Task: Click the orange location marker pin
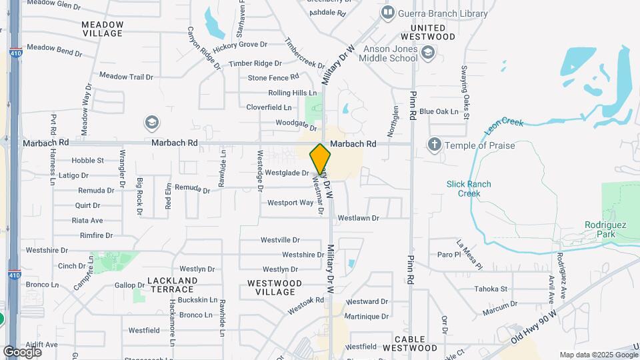coord(320,159)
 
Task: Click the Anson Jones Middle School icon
coord(428,53)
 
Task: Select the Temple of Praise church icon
coord(434,144)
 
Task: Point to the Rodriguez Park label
coord(605,229)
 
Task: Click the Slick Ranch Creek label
coord(469,189)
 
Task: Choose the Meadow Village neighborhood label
coord(102,28)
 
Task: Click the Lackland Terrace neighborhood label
coord(171,285)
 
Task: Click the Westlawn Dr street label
coord(358,218)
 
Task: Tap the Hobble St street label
coord(87,161)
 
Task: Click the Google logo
coord(22,351)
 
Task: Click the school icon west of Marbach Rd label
coord(152,123)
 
